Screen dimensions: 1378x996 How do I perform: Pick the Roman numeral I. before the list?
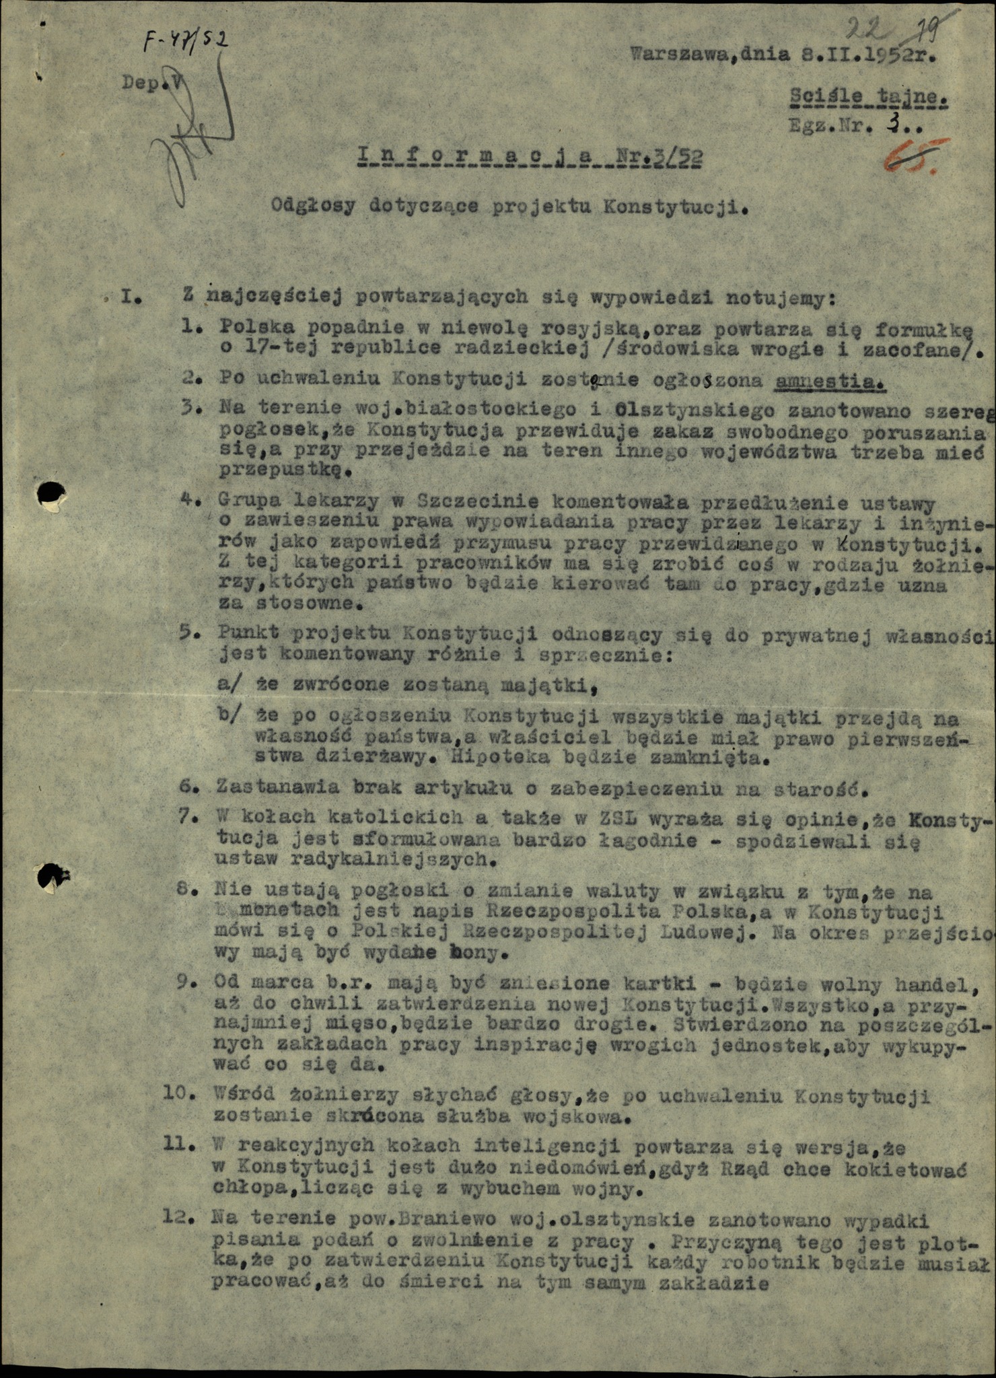point(129,297)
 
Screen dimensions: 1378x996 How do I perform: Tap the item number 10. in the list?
point(178,1093)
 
